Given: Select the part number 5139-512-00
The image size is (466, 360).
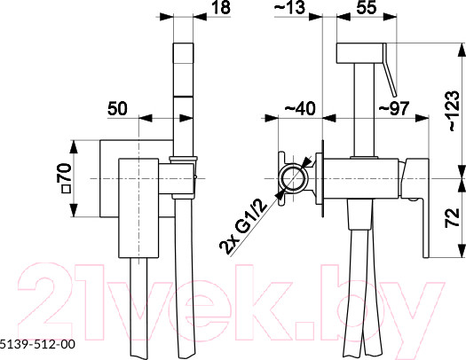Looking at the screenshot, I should tap(38, 350).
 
